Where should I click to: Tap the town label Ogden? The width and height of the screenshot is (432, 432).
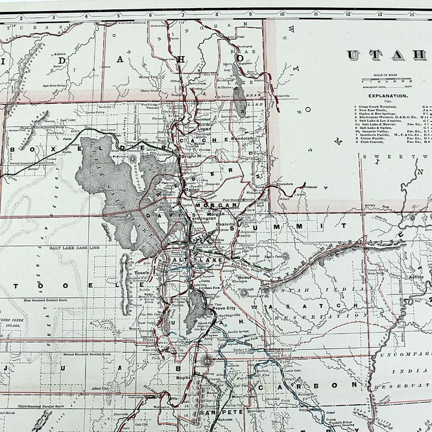192,190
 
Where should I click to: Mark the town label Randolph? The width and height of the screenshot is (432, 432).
242,139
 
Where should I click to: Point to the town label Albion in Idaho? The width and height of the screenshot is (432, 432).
59,54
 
